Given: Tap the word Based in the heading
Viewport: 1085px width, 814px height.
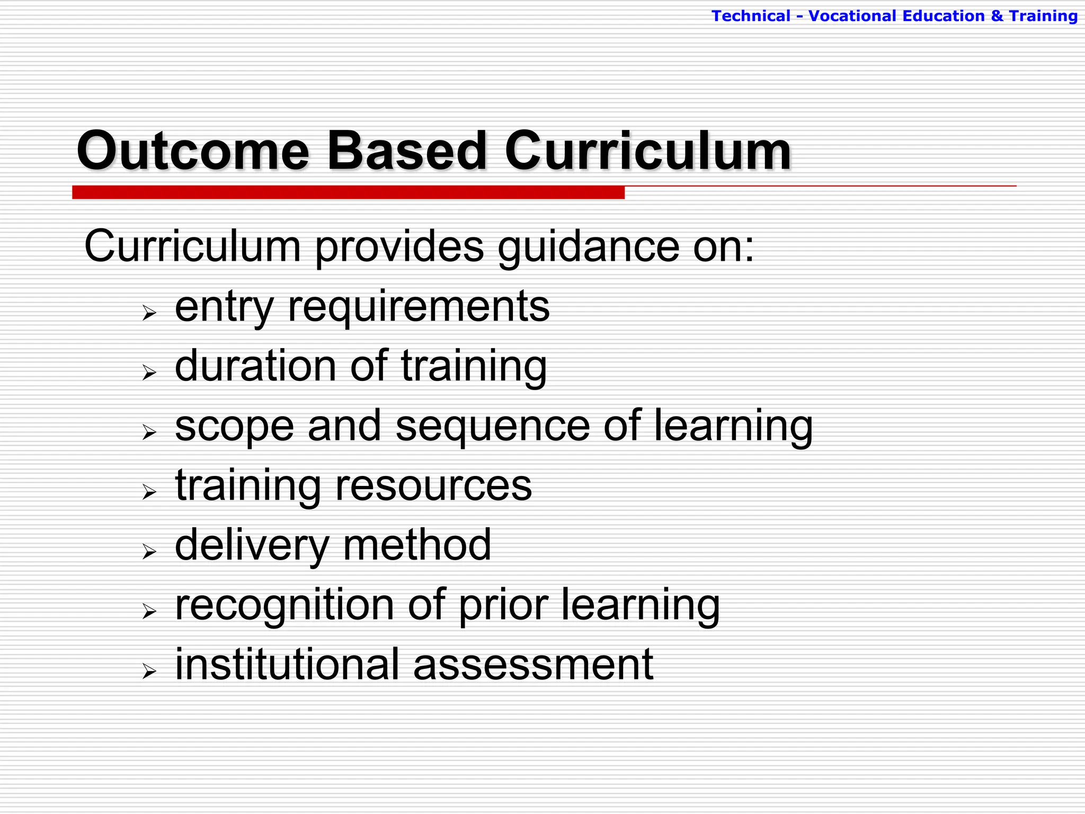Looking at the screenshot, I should tap(406, 152).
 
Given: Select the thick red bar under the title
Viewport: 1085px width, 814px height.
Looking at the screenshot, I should tap(348, 192).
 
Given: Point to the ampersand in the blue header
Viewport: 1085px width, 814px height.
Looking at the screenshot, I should tap(997, 16).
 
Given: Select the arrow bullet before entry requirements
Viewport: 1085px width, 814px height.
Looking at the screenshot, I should tap(149, 313).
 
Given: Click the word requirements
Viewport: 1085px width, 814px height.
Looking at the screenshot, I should tap(419, 307).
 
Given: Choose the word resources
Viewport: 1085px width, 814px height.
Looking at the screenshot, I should tap(433, 486).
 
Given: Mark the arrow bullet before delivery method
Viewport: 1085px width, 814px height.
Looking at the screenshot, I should tap(149, 552).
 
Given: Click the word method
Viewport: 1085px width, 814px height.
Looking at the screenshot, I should tap(417, 545).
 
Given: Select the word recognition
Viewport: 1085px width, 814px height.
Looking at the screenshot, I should tap(284, 606).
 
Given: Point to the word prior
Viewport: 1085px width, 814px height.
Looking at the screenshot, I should tap(503, 606).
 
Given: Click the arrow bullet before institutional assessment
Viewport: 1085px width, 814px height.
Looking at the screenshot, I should tap(149, 671).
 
